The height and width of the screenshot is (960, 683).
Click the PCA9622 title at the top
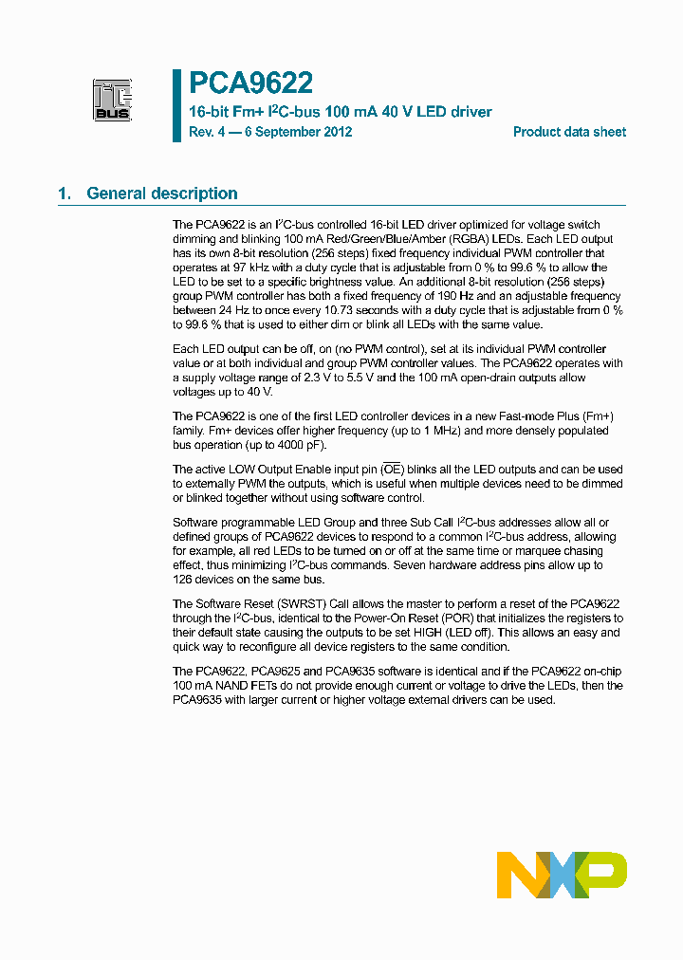click(251, 84)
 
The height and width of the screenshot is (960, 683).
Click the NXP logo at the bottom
click(562, 875)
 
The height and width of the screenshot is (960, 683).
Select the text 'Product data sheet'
click(569, 132)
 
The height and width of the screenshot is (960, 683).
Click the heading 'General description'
click(161, 194)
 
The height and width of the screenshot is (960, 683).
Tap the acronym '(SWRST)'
click(300, 604)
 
